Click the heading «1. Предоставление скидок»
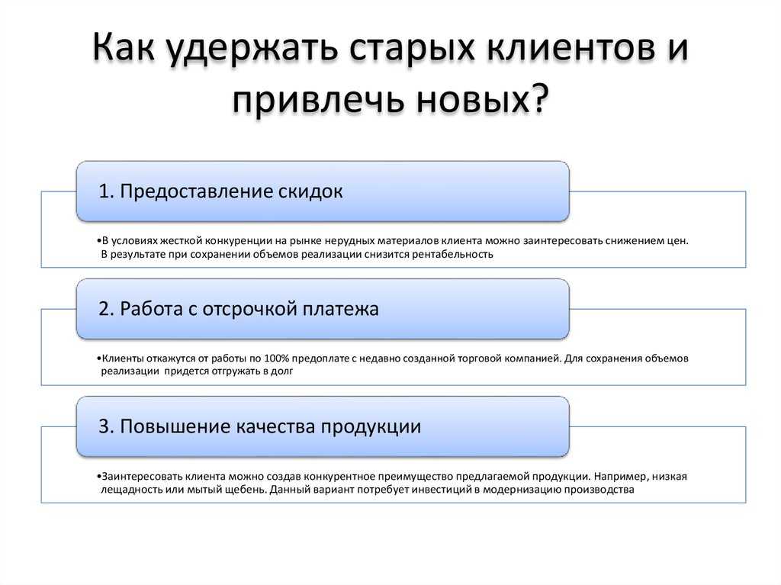[x=220, y=191]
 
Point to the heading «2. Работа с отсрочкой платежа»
[x=239, y=310]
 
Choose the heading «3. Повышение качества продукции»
[x=259, y=427]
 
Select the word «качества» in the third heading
[x=275, y=427]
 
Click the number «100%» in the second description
[x=276, y=358]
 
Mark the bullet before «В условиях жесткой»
[x=99, y=241]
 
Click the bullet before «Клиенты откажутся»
[x=99, y=358]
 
